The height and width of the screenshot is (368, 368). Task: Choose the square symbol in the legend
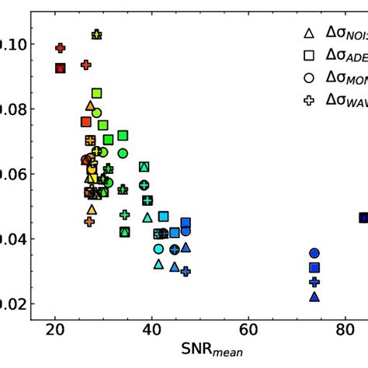pyautogui.click(x=308, y=55)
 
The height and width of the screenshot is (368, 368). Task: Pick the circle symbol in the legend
pyautogui.click(x=308, y=78)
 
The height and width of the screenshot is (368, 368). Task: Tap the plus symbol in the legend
pyautogui.click(x=308, y=100)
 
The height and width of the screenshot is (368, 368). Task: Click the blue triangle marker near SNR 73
pyautogui.click(x=314, y=297)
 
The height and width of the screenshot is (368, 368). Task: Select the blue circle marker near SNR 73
pyautogui.click(x=314, y=253)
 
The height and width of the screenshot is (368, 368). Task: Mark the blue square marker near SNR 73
pyautogui.click(x=314, y=268)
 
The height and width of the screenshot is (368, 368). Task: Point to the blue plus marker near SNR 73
pyautogui.click(x=314, y=283)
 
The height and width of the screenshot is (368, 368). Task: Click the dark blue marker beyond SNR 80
pyautogui.click(x=363, y=217)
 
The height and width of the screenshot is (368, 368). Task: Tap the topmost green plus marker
pyautogui.click(x=96, y=34)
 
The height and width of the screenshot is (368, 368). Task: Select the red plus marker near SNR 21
pyautogui.click(x=61, y=48)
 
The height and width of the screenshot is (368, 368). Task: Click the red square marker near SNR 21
pyautogui.click(x=61, y=68)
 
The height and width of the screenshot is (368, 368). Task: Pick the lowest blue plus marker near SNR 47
pyautogui.click(x=186, y=271)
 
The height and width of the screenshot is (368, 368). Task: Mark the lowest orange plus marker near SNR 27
pyautogui.click(x=89, y=222)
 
